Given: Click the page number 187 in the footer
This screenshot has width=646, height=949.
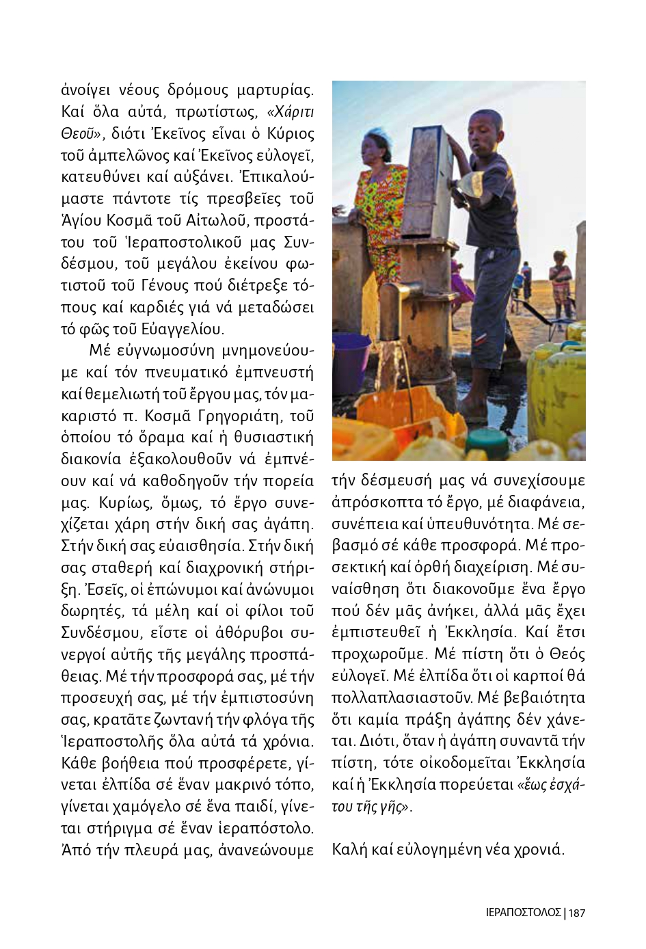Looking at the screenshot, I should pos(577,912).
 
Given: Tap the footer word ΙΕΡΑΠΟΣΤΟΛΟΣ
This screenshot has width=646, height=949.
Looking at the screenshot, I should pos(523,912).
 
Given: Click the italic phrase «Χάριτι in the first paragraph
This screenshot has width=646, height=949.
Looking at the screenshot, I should pos(291,111).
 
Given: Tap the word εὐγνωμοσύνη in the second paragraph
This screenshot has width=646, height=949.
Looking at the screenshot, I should pos(165,351).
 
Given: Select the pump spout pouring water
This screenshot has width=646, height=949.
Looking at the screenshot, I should pos(393,301).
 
